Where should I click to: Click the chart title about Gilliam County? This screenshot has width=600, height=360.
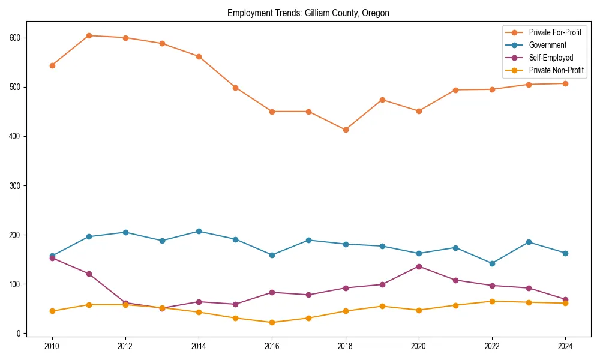tap(308, 13)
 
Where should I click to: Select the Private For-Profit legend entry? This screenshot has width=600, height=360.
tap(555, 32)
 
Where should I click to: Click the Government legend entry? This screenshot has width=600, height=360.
tap(547, 45)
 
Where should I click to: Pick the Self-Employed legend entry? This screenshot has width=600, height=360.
tap(551, 58)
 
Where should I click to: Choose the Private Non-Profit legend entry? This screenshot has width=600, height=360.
tap(556, 70)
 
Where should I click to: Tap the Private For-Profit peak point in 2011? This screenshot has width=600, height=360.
tap(89, 35)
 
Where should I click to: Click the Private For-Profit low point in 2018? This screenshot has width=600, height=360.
tap(346, 130)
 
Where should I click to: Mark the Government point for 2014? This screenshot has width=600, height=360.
tap(199, 231)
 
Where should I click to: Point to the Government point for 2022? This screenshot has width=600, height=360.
tap(492, 263)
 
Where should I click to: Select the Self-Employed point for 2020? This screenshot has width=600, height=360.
tap(419, 266)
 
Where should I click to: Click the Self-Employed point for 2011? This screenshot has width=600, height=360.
tap(89, 274)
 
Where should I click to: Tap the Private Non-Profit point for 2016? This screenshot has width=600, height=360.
tap(272, 322)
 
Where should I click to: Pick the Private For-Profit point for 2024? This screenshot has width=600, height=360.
tap(565, 83)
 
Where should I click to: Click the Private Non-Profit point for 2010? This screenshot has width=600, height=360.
tap(52, 311)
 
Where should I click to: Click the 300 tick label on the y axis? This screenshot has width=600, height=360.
tap(16, 185)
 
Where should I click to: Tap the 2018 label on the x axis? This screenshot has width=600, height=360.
tap(346, 346)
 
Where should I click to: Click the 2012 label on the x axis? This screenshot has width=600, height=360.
tap(125, 346)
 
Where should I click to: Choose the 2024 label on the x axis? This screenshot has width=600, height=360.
tap(565, 346)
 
